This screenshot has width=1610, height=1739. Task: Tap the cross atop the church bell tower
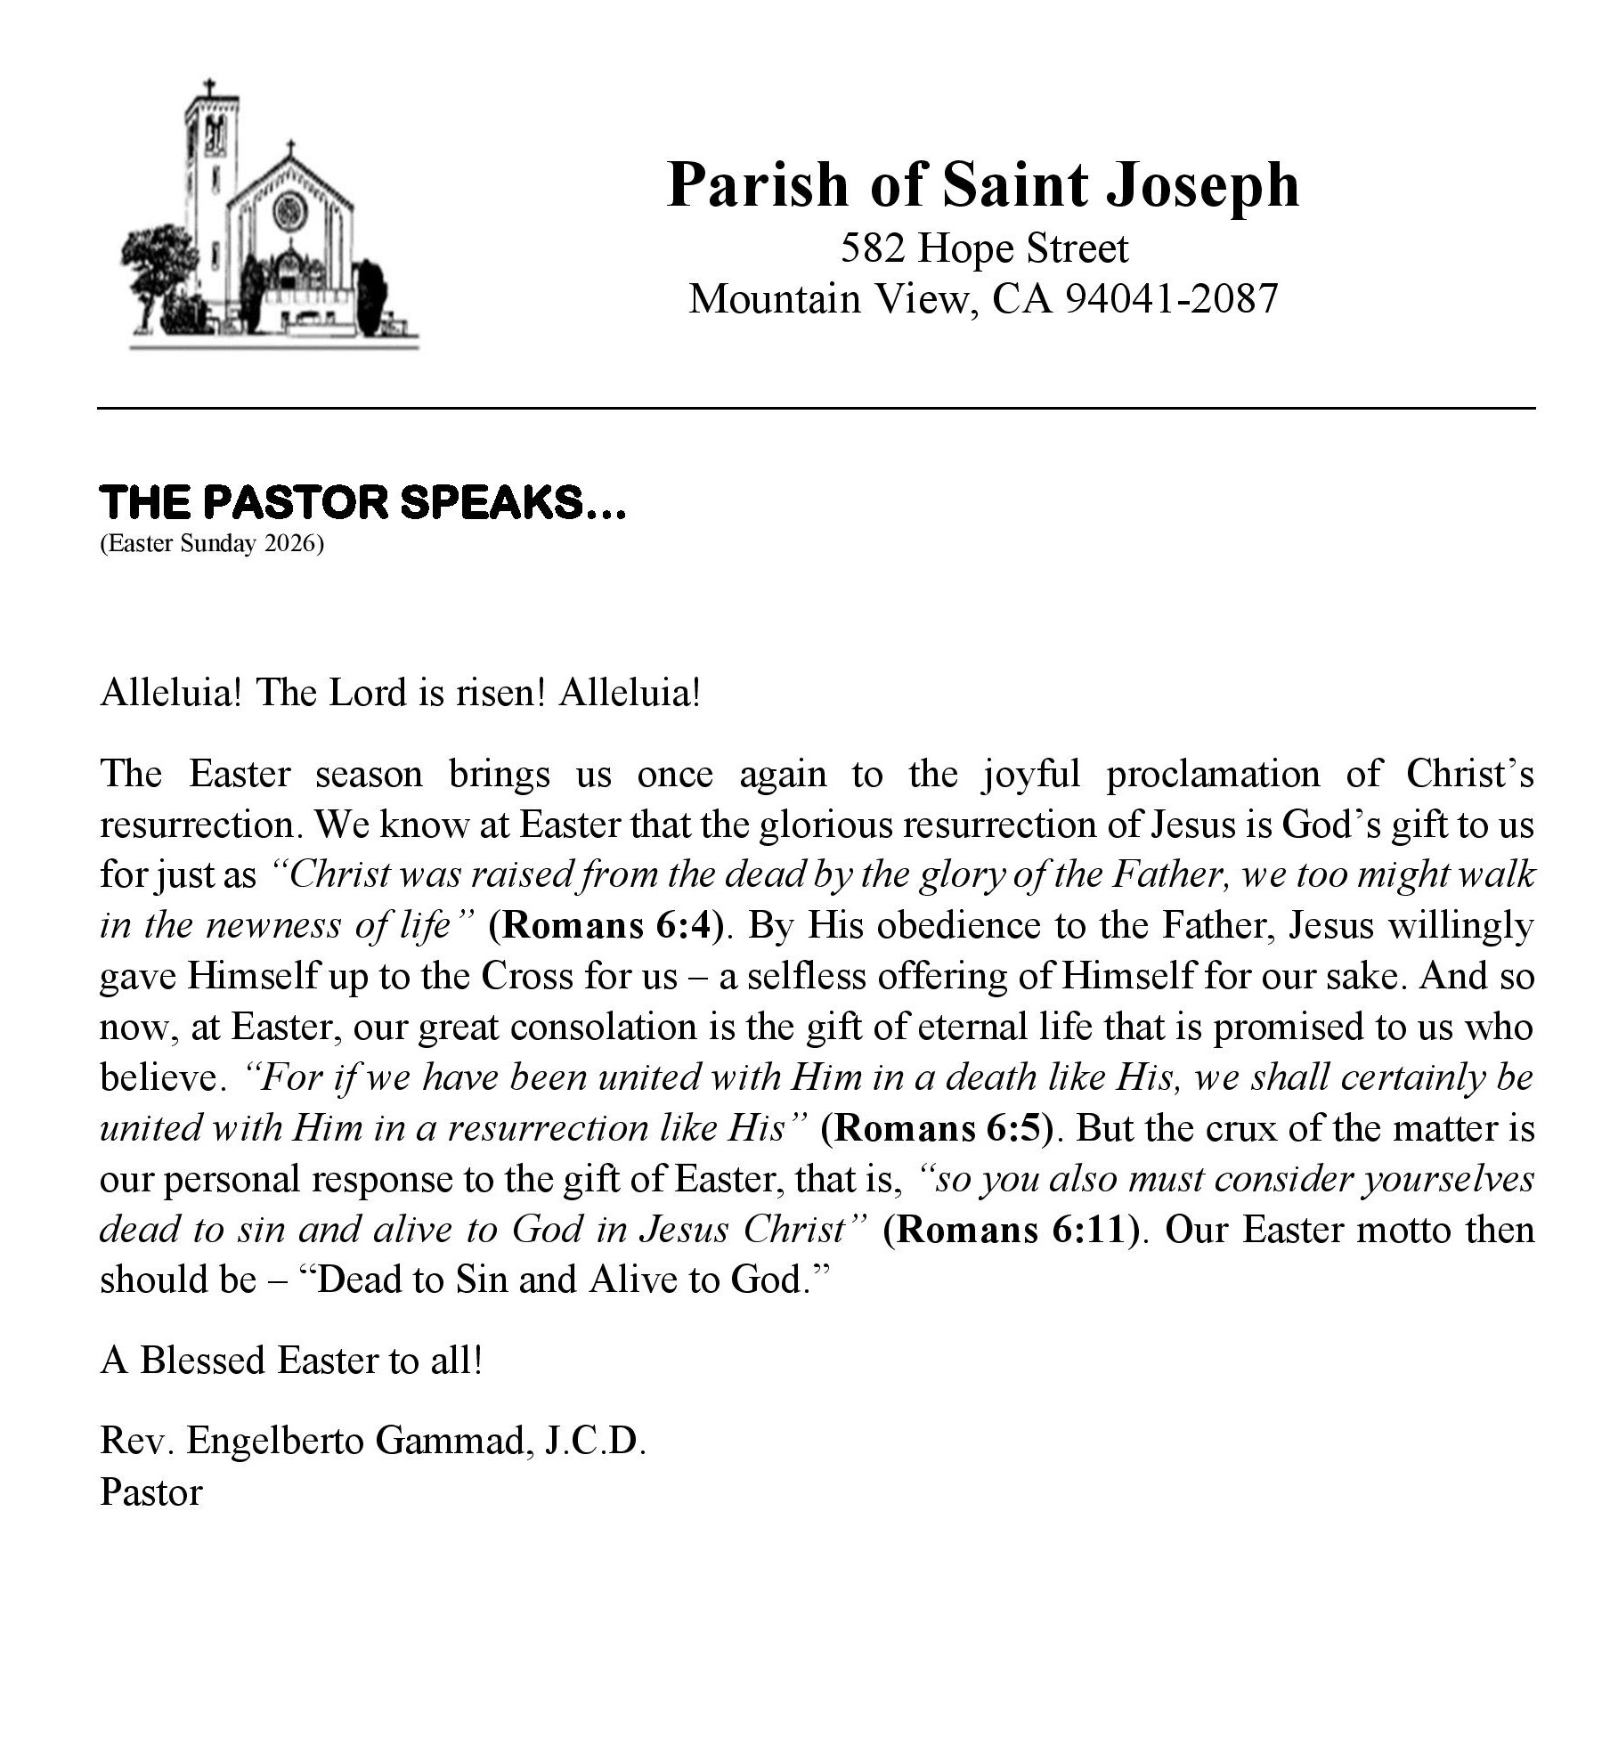(210, 88)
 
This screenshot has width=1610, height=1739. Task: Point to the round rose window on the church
(289, 212)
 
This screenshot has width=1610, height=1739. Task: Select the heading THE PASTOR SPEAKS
(363, 503)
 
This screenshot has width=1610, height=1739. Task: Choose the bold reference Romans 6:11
(1012, 1231)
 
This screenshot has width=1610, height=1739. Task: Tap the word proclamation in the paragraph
(1213, 775)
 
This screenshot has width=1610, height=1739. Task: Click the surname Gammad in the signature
(451, 1441)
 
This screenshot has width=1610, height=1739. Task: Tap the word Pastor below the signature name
(151, 1492)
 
